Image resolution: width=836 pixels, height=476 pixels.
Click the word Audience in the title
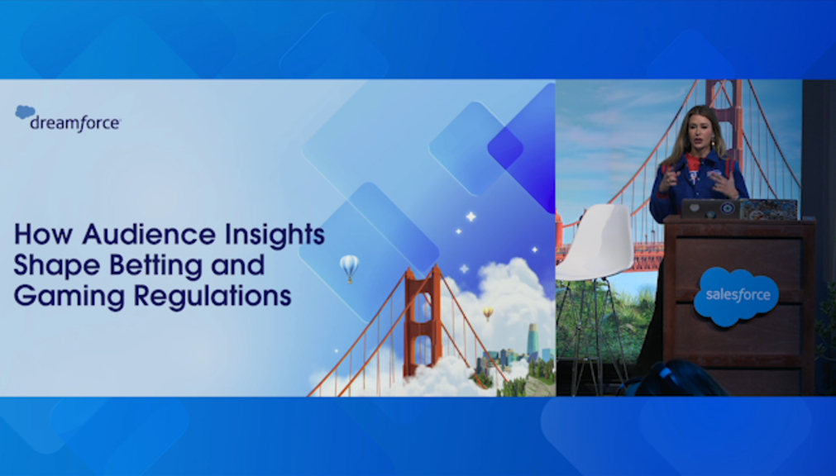coord(149,234)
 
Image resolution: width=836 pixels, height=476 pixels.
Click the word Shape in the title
coord(56,266)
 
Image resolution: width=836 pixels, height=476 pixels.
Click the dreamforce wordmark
coord(75,124)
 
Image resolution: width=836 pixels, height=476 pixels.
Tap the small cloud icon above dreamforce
coord(25,112)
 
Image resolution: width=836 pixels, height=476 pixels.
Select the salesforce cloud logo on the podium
coord(736,295)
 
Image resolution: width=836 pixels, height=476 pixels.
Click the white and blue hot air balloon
coord(349,267)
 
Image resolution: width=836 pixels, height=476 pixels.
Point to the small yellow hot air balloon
coord(488,313)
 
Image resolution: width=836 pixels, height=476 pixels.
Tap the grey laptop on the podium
coord(710,209)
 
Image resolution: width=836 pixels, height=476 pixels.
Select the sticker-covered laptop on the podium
coord(768,209)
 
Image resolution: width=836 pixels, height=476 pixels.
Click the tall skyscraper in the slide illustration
coord(533,340)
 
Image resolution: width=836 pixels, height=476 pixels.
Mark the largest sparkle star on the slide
coord(471,217)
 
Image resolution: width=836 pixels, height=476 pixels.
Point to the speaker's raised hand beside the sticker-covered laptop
coord(726,184)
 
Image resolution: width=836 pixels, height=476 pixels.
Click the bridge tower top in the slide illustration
coord(422,273)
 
